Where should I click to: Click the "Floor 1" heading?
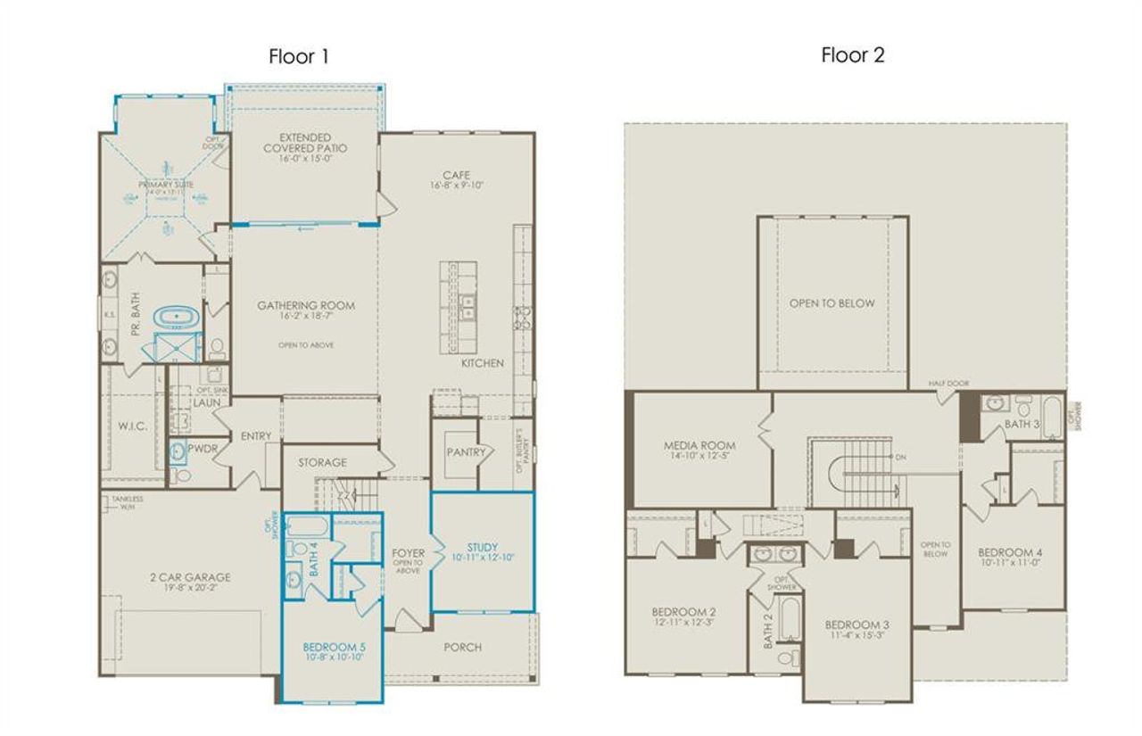299,57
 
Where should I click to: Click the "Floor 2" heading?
852,55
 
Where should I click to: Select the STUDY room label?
483,547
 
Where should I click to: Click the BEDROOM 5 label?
333,646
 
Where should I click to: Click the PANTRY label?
467,452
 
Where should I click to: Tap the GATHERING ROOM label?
306,306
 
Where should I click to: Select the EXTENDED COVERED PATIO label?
305,143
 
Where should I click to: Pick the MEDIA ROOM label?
699,445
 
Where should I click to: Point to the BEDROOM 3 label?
856,624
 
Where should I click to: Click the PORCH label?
462,647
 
